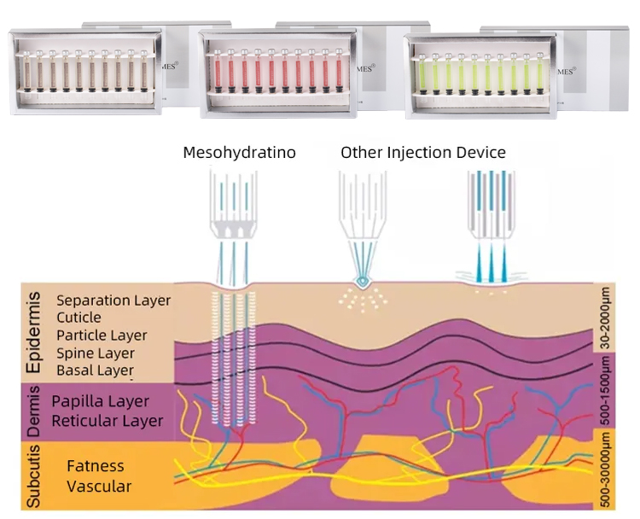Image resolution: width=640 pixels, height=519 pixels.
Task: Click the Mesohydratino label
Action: coord(240,154)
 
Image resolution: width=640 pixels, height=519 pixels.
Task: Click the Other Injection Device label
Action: coord(423,153)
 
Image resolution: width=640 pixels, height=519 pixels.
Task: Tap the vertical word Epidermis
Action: coord(33,334)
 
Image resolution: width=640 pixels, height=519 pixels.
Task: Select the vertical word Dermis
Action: coord(33,411)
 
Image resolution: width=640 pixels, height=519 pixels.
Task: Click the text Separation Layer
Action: coord(113,300)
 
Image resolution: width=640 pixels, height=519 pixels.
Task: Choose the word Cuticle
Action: coord(80,318)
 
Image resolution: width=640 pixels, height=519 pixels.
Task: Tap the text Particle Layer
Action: coord(102,335)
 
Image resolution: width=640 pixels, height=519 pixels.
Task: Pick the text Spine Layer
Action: coord(95,353)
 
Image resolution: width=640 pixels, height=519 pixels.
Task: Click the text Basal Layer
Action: coord(95,370)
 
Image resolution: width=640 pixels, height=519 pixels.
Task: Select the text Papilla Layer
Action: coord(100,401)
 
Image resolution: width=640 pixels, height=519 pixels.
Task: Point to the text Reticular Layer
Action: coord(107,420)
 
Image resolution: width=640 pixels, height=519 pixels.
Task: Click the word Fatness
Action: coord(96,466)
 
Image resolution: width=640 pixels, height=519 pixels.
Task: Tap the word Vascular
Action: coord(99,487)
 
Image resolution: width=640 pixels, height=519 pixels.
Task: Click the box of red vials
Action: coord(275,70)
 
